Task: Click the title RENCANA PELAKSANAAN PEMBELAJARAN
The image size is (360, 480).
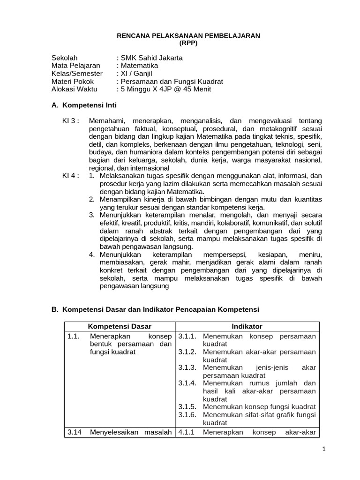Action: point(188,36)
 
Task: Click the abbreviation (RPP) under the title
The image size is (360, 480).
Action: point(188,43)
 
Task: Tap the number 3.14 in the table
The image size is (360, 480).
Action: point(75,432)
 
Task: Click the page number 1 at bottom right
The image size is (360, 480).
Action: point(323,462)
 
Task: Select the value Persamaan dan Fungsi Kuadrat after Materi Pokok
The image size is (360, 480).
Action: point(169,82)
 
